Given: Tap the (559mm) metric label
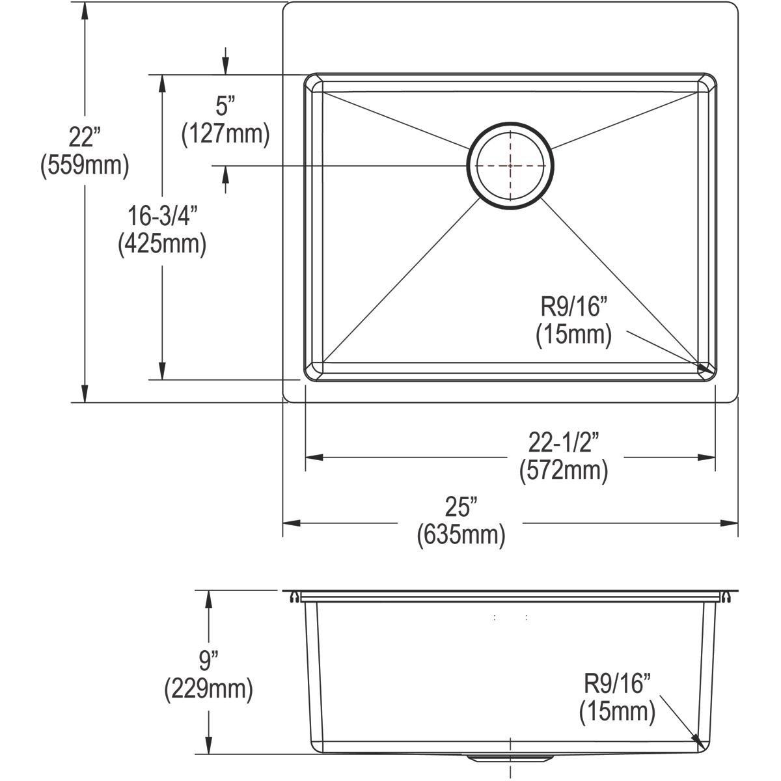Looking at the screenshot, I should point(85,165).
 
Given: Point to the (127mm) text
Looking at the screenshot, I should point(225,133).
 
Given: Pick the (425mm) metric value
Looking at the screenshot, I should point(162,244).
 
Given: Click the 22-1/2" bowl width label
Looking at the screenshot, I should point(564,443).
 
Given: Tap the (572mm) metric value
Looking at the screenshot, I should point(564,470).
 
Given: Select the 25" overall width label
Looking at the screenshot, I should point(461,506).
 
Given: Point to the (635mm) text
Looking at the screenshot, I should point(461,534).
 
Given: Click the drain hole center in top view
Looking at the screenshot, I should point(510,165).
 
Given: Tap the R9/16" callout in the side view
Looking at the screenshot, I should point(617,684).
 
